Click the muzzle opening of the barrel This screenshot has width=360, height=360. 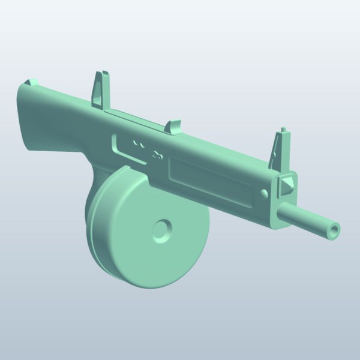(334, 229)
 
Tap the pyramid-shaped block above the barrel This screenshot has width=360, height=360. (286, 184)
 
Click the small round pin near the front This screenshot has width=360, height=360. (265, 193)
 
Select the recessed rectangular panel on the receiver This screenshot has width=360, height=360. (210, 177)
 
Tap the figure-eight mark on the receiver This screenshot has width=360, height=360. (158, 155)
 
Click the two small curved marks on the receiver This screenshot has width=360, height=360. (139, 144)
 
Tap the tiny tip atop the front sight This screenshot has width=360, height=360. (281, 130)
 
